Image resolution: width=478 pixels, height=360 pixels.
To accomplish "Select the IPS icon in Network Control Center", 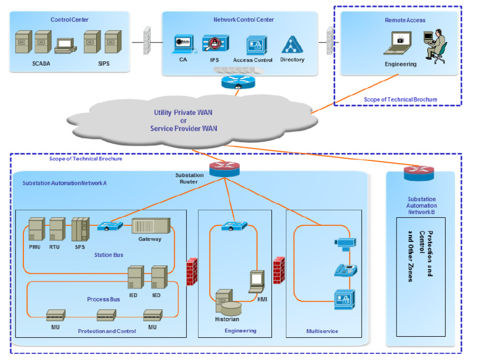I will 215,44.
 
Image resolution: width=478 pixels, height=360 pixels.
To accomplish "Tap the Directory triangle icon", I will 292,45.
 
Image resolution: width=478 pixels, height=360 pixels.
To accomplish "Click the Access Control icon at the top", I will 257,46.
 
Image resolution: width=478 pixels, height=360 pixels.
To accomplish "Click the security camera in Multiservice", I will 345,243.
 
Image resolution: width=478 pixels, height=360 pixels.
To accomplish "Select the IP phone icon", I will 346,270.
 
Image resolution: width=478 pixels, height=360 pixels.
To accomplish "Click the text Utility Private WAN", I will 184,112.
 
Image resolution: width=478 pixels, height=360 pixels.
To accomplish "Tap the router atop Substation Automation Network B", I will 419,173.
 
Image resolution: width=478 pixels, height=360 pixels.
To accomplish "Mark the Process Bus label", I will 103,299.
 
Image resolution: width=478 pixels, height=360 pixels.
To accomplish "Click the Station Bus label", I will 108,255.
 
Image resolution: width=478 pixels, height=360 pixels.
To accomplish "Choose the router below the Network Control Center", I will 237,82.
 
